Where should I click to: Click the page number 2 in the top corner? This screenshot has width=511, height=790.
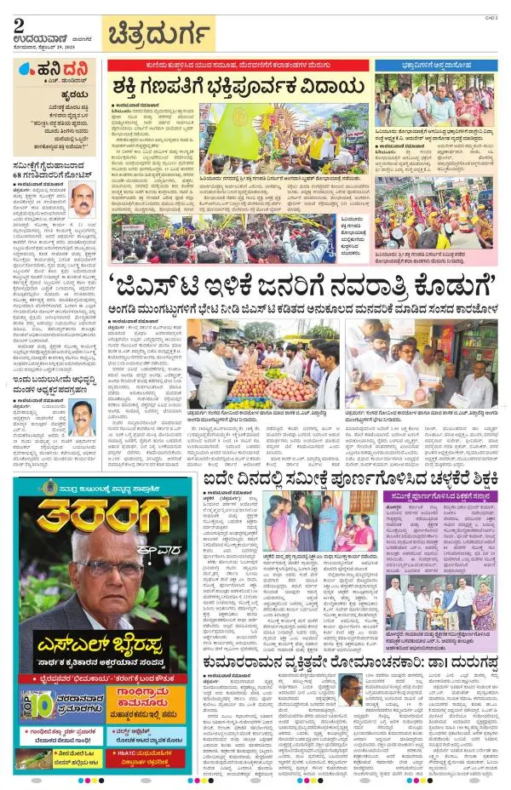coord(19,26)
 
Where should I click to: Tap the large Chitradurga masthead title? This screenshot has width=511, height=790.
coord(159,34)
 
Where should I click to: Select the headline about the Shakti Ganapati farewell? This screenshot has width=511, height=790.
coord(231,86)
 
